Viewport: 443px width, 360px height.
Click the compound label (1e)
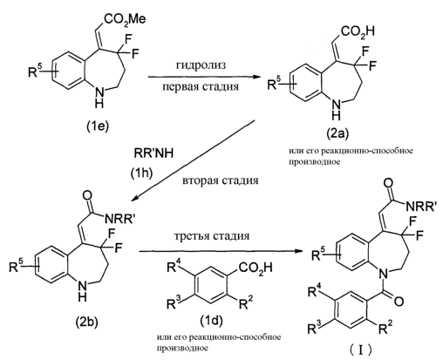pos(97,126)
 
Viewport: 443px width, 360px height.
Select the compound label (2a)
pos(337,134)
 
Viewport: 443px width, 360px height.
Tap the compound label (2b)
pos(87,321)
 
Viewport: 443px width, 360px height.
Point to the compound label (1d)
pos(211,321)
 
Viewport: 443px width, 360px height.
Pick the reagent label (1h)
pos(141,173)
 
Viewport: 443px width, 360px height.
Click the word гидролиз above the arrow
pos(201,65)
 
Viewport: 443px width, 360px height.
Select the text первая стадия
pos(201,86)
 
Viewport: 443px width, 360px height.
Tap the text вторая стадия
pos(221,180)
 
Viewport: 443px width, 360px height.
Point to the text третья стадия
pos(212,235)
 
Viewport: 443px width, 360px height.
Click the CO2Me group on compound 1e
pos(125,20)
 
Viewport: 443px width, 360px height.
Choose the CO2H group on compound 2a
pos(358,32)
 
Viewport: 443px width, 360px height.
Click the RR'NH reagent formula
pos(153,153)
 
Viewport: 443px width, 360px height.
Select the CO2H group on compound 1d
pos(256,268)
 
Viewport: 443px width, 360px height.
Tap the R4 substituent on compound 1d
pos(174,266)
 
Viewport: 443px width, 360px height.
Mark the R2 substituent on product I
pos(385,328)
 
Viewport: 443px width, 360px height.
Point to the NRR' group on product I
pos(422,206)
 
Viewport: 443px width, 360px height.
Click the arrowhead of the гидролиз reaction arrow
pos(256,77)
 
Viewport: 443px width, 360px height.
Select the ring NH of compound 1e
pos(99,98)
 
